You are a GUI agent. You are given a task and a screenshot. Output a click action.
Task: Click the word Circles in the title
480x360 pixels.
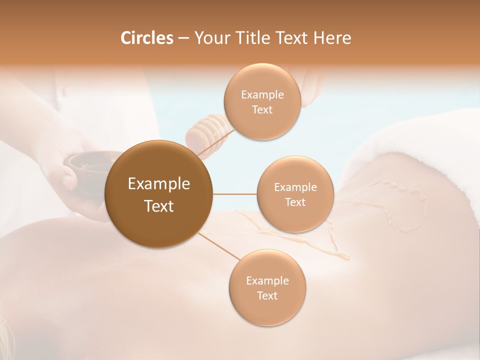(x=146, y=38)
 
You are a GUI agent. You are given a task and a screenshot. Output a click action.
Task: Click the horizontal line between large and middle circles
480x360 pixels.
(x=235, y=194)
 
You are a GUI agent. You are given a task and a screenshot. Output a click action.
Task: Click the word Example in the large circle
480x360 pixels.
(x=158, y=184)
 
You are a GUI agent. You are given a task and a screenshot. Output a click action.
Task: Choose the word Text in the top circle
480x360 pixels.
(x=262, y=110)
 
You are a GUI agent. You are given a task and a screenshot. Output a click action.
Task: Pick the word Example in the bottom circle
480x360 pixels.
(x=267, y=281)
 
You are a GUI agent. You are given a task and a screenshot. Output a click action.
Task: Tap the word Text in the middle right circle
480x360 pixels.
(x=295, y=202)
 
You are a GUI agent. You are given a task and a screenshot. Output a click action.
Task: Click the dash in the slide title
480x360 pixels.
(x=183, y=38)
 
